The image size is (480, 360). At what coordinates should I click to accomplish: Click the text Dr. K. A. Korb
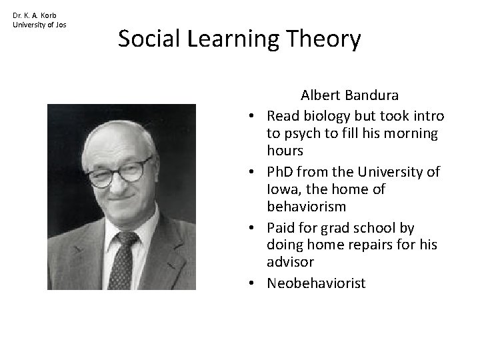pyautogui.click(x=35, y=15)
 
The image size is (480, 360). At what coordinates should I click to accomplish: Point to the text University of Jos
pyautogui.click(x=39, y=25)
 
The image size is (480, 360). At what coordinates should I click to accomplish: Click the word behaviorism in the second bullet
pyautogui.click(x=306, y=208)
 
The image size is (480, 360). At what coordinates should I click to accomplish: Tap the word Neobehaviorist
pyautogui.click(x=316, y=283)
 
